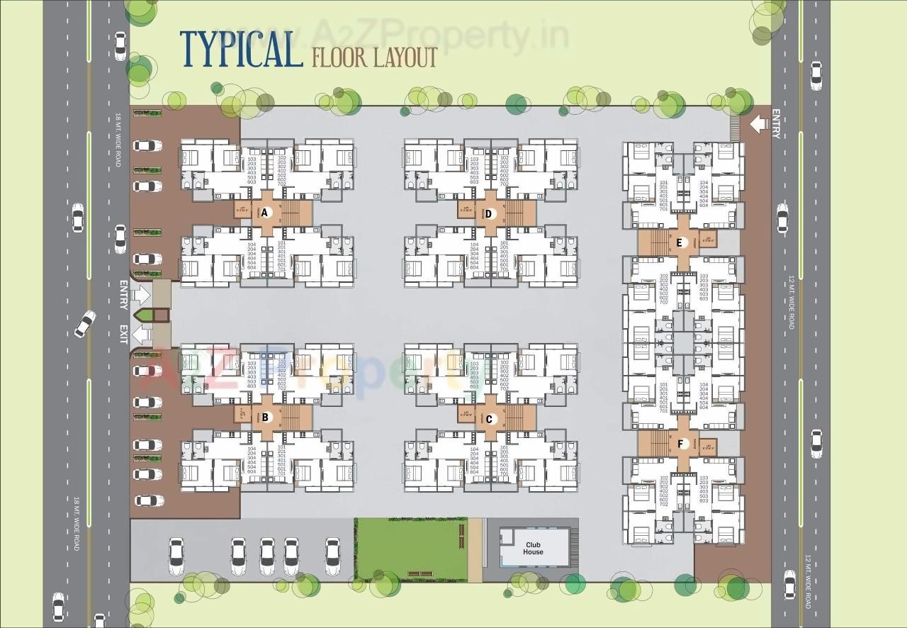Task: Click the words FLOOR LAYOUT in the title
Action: (x=374, y=57)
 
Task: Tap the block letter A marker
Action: (x=265, y=213)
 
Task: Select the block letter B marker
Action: (x=265, y=417)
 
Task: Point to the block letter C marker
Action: (x=489, y=419)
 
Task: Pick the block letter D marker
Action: (x=489, y=213)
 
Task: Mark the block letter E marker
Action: (x=680, y=242)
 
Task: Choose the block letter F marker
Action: (x=680, y=444)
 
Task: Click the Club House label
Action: (x=534, y=548)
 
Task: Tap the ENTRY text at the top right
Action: (x=776, y=124)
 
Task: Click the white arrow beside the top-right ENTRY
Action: (x=758, y=125)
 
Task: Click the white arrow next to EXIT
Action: (x=143, y=334)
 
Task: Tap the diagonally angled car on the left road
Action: (x=85, y=324)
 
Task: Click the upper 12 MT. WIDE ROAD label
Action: (x=791, y=302)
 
